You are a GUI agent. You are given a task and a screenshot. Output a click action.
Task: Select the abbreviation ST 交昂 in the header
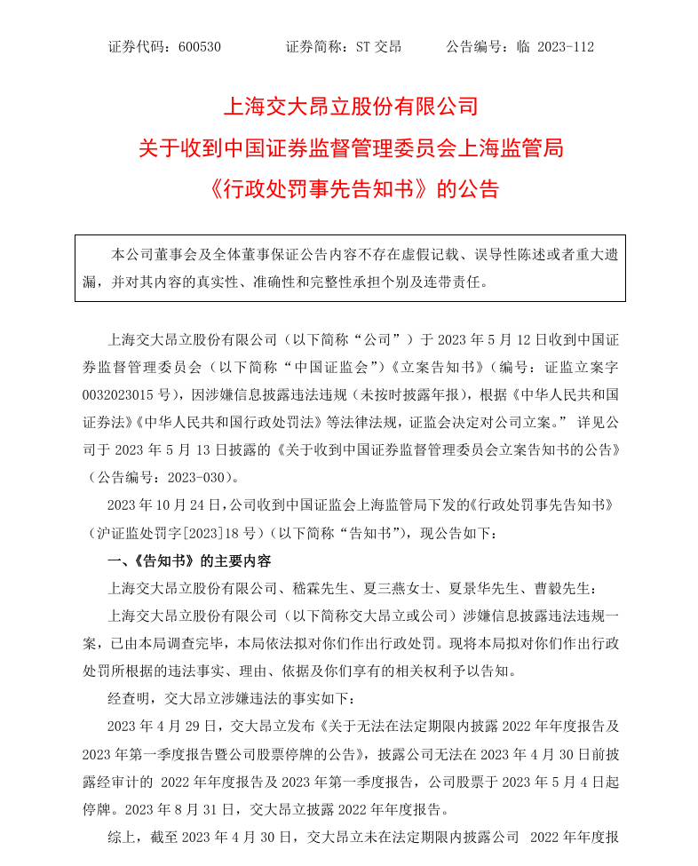(x=377, y=47)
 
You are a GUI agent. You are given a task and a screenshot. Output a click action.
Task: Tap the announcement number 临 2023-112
(x=555, y=47)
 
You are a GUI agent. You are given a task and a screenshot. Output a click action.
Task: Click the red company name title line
(x=350, y=107)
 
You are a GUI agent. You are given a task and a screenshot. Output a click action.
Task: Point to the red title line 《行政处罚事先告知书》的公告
(x=350, y=189)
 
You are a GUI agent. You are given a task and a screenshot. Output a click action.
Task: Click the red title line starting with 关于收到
(x=350, y=148)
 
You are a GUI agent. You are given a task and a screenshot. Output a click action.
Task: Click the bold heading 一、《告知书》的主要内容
(x=189, y=560)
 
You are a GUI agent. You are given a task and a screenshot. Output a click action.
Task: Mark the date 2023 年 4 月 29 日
(x=159, y=725)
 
